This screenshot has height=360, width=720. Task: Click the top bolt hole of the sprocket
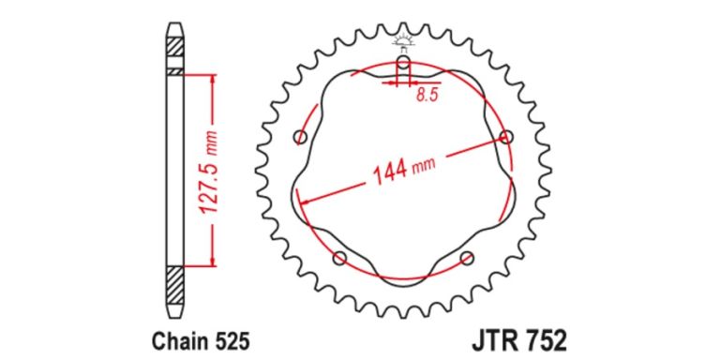[x=403, y=64]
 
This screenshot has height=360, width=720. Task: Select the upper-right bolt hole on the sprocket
[x=507, y=138]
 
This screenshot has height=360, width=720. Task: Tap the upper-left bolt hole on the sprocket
[x=300, y=138]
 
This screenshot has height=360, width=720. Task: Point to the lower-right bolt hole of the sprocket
[x=468, y=258]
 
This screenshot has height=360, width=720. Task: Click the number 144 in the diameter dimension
[x=389, y=173]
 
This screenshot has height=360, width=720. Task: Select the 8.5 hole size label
[x=427, y=95]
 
